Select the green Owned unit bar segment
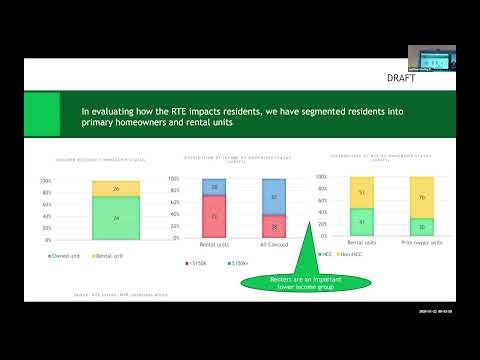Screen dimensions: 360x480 pos(116,218)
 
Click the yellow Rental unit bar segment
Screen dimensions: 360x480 pos(116,188)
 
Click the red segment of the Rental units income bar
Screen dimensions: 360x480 pos(213,217)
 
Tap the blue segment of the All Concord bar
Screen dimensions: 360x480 pos(274,197)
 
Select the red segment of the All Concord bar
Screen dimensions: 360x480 pos(274,228)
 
